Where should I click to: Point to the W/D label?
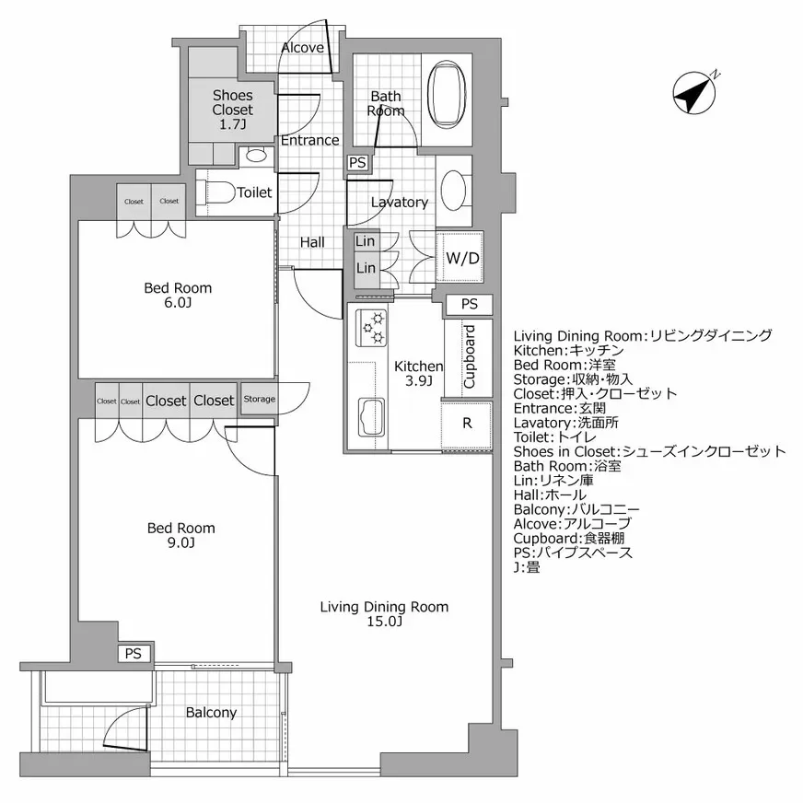[x=461, y=259]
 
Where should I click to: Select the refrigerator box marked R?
[x=466, y=425]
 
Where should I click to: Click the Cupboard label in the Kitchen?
[x=468, y=357]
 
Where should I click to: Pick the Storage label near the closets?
[x=259, y=399]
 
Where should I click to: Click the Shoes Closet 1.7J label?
[x=232, y=109]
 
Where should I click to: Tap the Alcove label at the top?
[x=302, y=47]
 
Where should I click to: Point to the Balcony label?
[x=211, y=712]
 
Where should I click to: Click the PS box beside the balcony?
[x=134, y=653]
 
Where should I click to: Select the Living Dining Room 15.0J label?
[x=384, y=613]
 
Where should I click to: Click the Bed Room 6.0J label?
[x=178, y=296]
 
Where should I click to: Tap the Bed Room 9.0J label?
[x=181, y=535]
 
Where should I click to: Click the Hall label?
[x=312, y=242]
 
